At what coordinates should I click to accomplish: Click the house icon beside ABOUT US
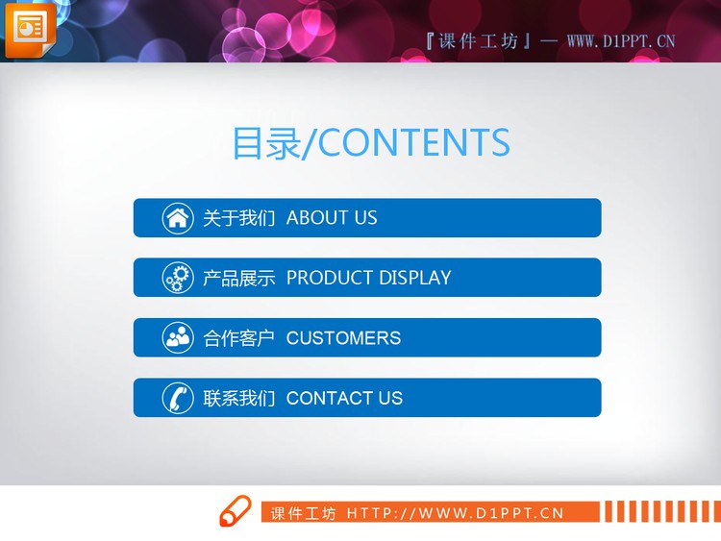[177, 218]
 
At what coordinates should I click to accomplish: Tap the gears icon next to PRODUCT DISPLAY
[177, 278]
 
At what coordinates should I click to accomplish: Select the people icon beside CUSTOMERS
[177, 338]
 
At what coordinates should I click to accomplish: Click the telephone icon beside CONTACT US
[177, 398]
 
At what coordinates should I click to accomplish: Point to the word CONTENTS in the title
[413, 142]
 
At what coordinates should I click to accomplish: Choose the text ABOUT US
[332, 218]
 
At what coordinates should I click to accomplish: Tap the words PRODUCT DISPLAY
[368, 278]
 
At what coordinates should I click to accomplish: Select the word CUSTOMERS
[343, 338]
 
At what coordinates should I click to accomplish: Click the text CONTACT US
[344, 398]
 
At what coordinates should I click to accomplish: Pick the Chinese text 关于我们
[238, 218]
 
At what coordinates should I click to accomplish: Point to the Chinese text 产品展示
[238, 278]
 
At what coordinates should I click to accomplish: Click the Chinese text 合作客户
[238, 338]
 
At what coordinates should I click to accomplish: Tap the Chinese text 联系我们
[238, 398]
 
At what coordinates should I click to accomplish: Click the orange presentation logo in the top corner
[30, 29]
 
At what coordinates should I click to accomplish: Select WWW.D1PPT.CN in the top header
[621, 40]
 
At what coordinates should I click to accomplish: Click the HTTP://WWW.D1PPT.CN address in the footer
[455, 513]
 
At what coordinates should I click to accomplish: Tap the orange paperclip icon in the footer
[235, 511]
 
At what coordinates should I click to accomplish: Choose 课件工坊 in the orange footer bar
[303, 513]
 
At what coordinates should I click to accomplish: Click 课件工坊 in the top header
[478, 40]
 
